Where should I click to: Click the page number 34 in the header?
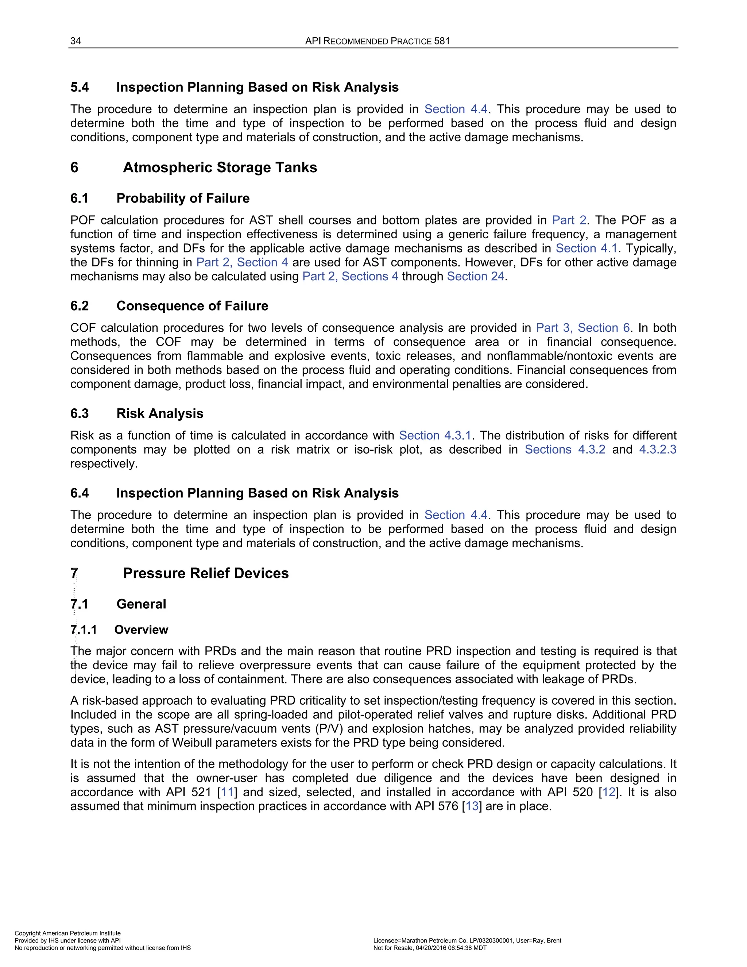coord(76,41)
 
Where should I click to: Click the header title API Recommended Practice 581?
coord(378,41)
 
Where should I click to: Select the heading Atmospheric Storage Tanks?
coord(220,167)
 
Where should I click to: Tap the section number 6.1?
coord(79,198)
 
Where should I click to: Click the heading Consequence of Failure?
coord(192,305)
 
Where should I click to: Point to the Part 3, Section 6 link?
coord(582,328)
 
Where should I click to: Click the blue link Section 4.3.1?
coord(435,435)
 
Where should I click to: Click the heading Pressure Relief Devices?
coord(206,573)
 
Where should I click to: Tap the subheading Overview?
coord(141,629)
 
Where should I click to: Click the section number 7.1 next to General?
coord(79,604)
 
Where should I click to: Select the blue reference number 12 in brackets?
coord(608,792)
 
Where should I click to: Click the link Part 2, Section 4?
coord(242,262)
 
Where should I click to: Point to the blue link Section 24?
coord(475,276)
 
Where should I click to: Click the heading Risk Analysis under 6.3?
coord(160,413)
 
